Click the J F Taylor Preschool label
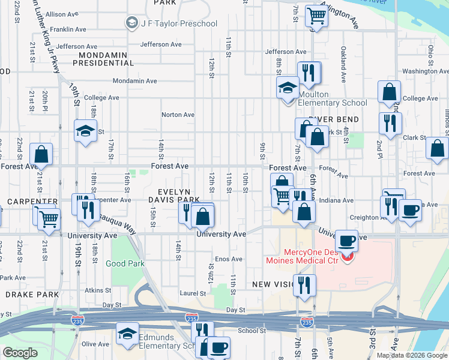tap(178, 23)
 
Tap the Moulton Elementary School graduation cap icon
tap(288, 88)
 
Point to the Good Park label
tap(125, 263)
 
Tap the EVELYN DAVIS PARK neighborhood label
tap(174, 193)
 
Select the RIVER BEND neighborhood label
tap(333, 119)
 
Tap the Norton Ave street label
tap(178, 115)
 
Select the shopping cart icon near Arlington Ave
tap(316, 16)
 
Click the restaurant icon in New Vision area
tap(304, 286)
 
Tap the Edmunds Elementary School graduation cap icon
tap(127, 334)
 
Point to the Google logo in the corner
tap(20, 353)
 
